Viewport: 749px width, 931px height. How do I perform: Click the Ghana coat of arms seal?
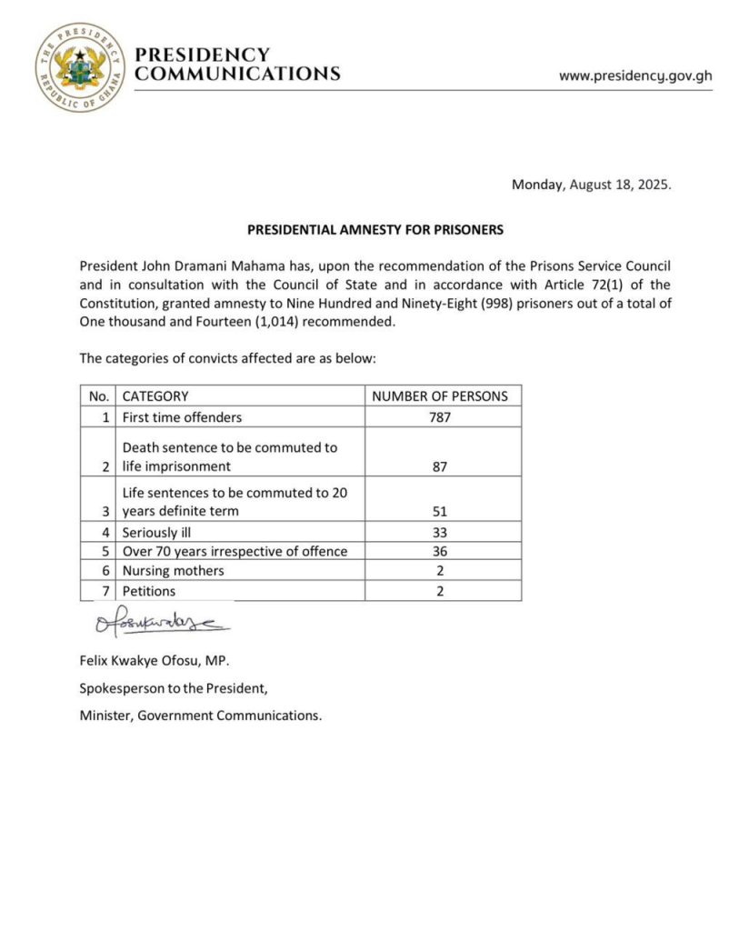tap(80, 67)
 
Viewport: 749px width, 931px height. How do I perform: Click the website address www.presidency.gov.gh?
tap(635, 76)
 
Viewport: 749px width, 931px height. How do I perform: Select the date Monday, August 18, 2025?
tap(591, 185)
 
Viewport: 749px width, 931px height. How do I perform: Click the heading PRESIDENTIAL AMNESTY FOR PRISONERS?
tap(374, 230)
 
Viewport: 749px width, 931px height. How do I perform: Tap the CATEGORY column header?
tap(155, 396)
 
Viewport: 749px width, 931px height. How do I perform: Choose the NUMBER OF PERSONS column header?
tap(443, 396)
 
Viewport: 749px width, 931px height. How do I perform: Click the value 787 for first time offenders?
tap(443, 417)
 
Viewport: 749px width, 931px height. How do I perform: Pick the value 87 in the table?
tap(443, 466)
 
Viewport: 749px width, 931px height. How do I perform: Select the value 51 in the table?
tap(443, 512)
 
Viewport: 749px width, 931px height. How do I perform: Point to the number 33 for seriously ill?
tap(443, 531)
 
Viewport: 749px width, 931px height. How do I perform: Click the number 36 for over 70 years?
tap(443, 551)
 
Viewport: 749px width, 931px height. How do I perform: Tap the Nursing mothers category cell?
tap(173, 571)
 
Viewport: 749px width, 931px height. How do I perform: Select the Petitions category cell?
tap(148, 591)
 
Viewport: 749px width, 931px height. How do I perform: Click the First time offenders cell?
tap(183, 417)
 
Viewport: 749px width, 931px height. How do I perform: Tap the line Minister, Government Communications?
tap(200, 716)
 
